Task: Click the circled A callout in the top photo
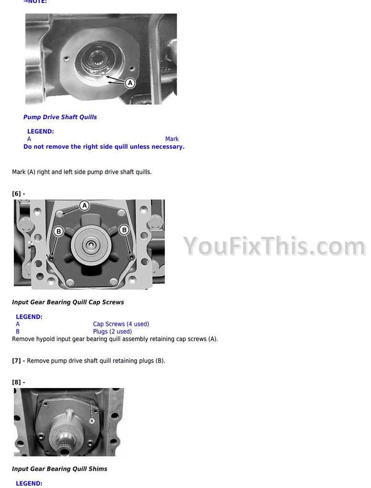pyautogui.click(x=130, y=83)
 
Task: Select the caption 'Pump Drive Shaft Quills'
pyautogui.click(x=60, y=117)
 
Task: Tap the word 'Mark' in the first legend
pyautogui.click(x=172, y=139)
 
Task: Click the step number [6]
pyautogui.click(x=16, y=194)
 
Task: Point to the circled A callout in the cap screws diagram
pyautogui.click(x=84, y=206)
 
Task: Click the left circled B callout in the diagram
pyautogui.click(x=58, y=231)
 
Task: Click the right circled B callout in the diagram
pyautogui.click(x=124, y=230)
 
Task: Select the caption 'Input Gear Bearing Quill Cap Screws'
pyautogui.click(x=68, y=302)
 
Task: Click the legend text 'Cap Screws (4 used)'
pyautogui.click(x=121, y=324)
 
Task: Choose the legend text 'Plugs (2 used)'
pyautogui.click(x=112, y=332)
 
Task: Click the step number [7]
pyautogui.click(x=16, y=361)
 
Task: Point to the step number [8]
pyautogui.click(x=16, y=382)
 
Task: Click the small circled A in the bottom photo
pyautogui.click(x=91, y=421)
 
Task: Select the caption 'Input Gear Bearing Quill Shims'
pyautogui.click(x=59, y=469)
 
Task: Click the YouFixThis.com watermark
pyautogui.click(x=274, y=246)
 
